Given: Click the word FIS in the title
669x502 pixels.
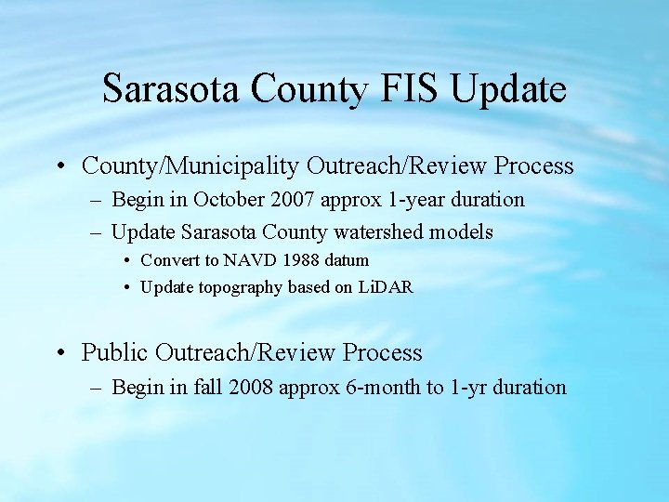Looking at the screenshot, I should [x=412, y=90].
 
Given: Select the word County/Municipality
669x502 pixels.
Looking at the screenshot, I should [x=190, y=166].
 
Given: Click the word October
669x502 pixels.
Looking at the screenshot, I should [x=224, y=200].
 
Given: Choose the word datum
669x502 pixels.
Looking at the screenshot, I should [x=347, y=260].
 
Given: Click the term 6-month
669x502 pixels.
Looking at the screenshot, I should [x=383, y=388].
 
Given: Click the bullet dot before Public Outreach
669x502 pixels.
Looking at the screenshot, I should [x=60, y=353].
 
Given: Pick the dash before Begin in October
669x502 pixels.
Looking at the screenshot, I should [x=98, y=200].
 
